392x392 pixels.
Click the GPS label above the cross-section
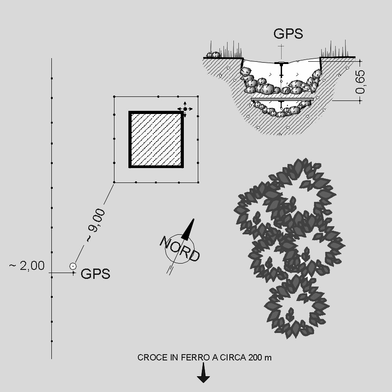coord(288,34)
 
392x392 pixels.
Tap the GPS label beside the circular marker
coord(95,274)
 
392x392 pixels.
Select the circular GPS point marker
coord(73,266)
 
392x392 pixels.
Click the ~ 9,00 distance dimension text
coord(96,225)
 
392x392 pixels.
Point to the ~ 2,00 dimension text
coord(27,265)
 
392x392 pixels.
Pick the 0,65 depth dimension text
coord(360,82)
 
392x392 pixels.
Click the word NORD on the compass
coord(179,249)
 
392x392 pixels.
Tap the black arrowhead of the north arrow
coord(188,229)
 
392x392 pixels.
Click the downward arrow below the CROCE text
coord(203,373)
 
